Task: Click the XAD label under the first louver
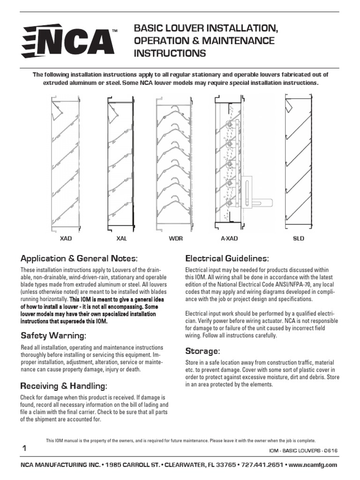(66, 239)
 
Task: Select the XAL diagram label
(121, 239)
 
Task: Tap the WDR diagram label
(176, 239)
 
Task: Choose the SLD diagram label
(299, 239)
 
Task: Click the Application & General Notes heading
(79, 259)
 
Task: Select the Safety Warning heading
(53, 336)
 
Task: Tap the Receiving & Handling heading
(64, 386)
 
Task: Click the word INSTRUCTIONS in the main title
(170, 53)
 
